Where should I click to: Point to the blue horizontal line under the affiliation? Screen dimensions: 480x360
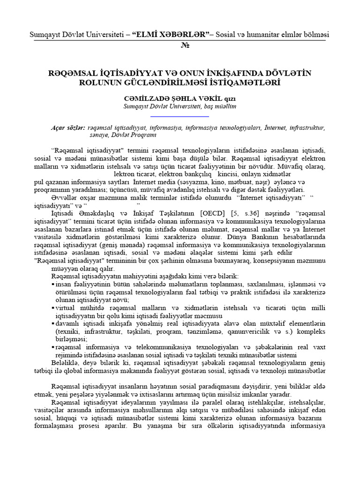pos(180,116)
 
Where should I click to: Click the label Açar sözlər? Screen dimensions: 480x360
pos(67,127)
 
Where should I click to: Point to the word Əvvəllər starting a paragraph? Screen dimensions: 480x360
pos(64,198)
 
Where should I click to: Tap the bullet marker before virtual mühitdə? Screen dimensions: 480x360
pos(52,308)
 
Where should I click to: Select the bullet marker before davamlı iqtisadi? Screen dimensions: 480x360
pos(52,324)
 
